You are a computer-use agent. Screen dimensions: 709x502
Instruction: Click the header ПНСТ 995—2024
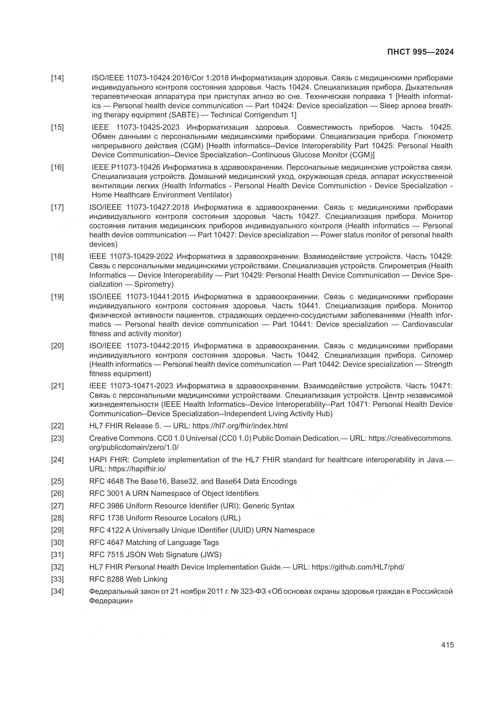[x=420, y=52]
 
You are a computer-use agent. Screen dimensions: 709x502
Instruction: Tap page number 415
[x=447, y=644]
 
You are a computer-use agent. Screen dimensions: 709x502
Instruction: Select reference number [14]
[x=57, y=78]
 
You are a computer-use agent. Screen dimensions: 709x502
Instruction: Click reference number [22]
[x=57, y=426]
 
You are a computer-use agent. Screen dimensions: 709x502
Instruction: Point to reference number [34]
[x=57, y=591]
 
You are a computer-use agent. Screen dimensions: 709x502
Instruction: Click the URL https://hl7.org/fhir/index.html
[x=240, y=426]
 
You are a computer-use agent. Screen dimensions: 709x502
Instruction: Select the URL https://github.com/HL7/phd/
[x=358, y=567]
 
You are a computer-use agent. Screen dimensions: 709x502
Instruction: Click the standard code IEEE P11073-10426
[x=126, y=167]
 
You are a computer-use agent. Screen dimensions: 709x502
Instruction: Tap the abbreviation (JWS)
[x=211, y=555]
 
